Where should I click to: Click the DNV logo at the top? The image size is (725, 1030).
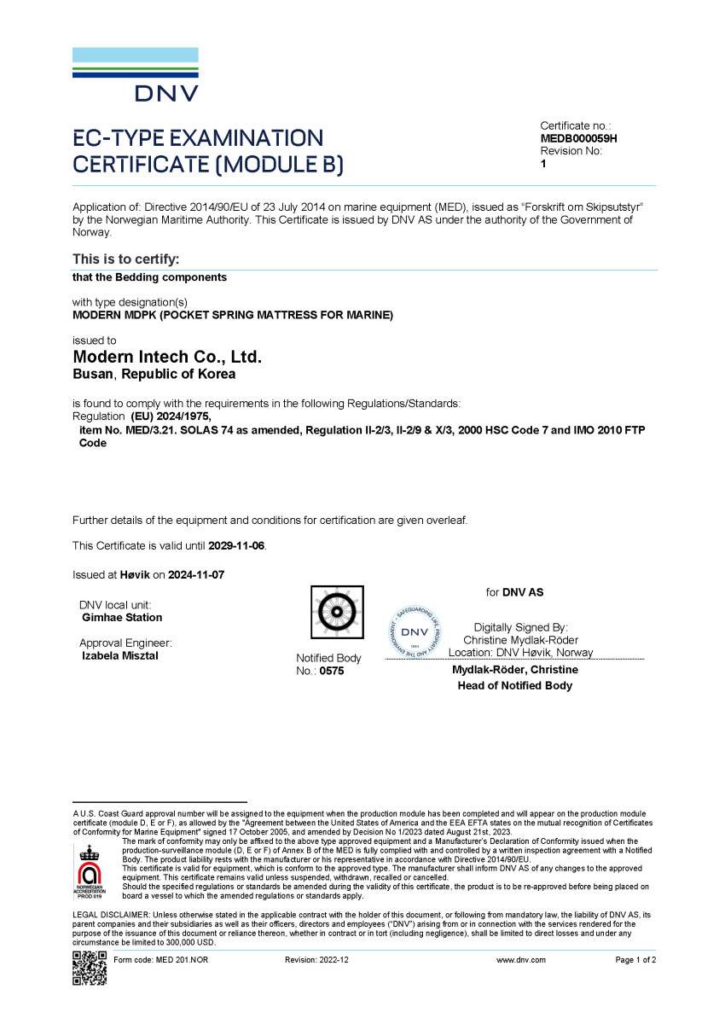click(136, 75)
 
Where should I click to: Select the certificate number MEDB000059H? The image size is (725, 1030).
click(578, 138)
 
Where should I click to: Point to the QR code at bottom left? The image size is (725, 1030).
click(90, 968)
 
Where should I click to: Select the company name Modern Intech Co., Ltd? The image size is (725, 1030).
click(167, 358)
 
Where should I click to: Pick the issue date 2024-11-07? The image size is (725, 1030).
click(196, 575)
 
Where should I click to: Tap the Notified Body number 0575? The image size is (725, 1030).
click(332, 672)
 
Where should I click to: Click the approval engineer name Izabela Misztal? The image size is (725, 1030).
click(119, 656)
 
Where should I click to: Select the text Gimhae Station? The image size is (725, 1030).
click(122, 617)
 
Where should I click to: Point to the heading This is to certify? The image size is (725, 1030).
click(125, 259)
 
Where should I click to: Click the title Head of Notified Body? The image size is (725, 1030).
click(514, 685)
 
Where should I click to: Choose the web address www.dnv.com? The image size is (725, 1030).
click(520, 960)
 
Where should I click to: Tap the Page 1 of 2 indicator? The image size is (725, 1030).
click(635, 960)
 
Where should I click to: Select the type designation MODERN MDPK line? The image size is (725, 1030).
click(233, 315)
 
